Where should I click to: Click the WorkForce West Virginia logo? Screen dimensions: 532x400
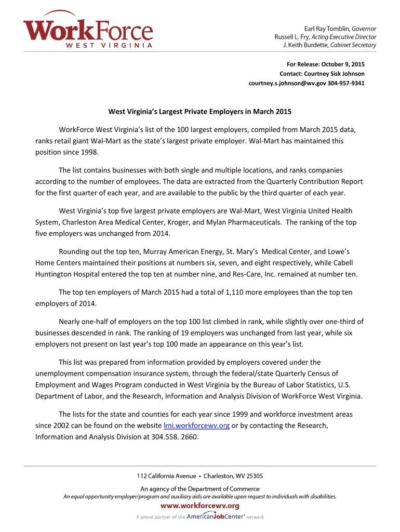tap(88, 32)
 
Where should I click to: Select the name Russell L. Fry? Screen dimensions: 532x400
tap(292, 37)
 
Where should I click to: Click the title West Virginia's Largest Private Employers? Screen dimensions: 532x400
tap(199, 112)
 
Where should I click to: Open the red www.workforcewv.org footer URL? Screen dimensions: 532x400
tap(200, 506)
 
